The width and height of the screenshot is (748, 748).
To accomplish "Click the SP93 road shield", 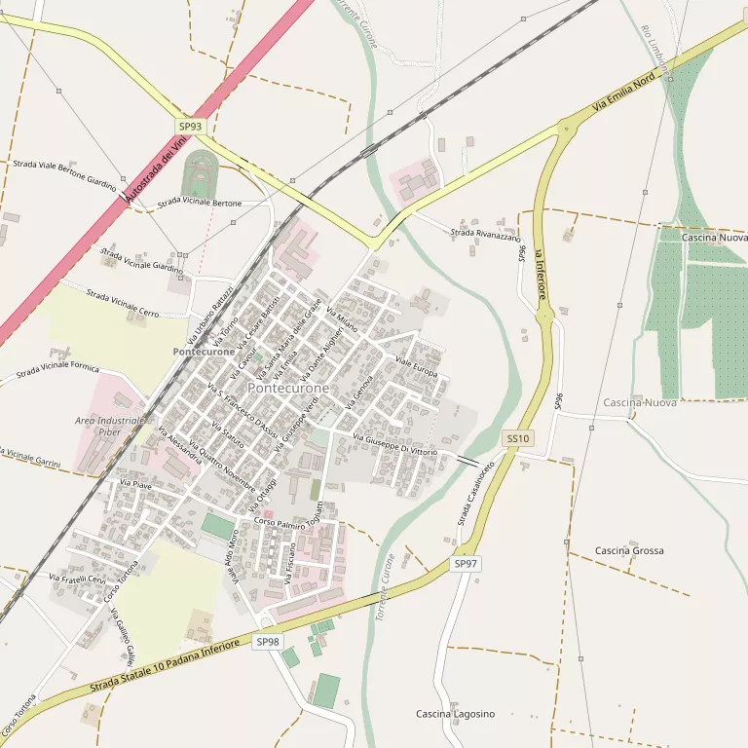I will (190, 127).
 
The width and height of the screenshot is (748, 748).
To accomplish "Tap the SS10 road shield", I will (517, 438).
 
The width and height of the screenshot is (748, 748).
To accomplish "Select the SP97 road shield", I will (466, 564).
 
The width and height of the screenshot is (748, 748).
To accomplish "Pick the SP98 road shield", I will (268, 642).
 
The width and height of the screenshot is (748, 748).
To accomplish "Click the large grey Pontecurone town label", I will (288, 388).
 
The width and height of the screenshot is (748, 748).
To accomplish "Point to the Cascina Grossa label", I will (629, 550).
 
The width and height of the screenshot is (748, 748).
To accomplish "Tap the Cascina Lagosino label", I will (455, 714).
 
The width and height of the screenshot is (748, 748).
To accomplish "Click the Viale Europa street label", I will (416, 367).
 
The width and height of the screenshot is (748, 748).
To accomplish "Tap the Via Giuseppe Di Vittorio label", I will (394, 444).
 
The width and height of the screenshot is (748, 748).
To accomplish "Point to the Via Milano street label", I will (342, 319).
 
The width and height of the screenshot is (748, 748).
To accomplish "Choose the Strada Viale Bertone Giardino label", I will (64, 173).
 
